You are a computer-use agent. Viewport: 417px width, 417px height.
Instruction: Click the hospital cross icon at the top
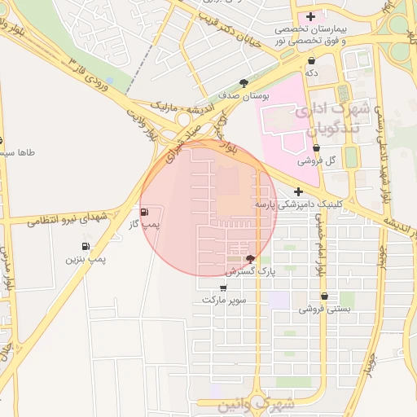[x=310, y=16]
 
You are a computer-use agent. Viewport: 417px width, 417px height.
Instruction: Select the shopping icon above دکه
[x=312, y=61]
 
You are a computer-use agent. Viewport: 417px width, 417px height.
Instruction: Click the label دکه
[x=312, y=73]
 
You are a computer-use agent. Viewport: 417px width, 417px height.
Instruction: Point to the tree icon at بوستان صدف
[x=244, y=82]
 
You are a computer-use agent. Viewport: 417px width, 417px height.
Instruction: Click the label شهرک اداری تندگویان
[x=335, y=118]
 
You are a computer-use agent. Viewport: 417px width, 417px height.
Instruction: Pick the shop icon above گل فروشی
[x=316, y=148]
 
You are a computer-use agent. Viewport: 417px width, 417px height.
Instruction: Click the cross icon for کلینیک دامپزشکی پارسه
[x=299, y=191]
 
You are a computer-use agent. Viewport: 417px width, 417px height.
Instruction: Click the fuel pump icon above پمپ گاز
[x=145, y=213]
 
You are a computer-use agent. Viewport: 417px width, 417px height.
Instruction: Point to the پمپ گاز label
[x=147, y=224]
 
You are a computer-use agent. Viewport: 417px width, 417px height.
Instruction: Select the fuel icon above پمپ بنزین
[x=86, y=247]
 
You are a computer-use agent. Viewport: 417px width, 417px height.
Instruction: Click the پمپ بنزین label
[x=86, y=259]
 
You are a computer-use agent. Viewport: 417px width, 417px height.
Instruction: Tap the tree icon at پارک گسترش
[x=249, y=259]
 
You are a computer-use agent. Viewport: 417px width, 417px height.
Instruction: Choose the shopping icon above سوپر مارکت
[x=224, y=288]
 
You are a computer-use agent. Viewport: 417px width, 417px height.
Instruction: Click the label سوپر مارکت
[x=225, y=300]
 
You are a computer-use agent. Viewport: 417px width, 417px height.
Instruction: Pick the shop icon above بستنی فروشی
[x=325, y=296]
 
